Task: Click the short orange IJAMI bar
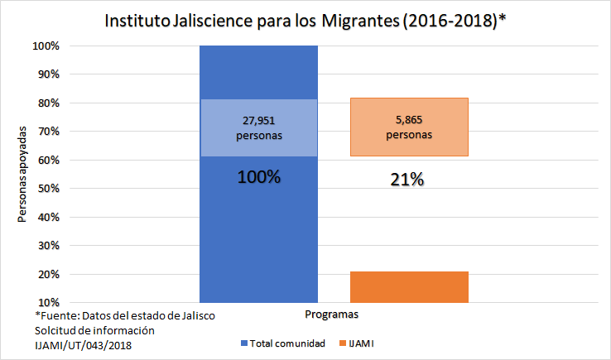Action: click(409, 286)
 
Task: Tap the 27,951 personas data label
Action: click(258, 127)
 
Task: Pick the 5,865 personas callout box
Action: click(409, 127)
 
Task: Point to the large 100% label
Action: click(258, 177)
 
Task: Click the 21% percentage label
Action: click(407, 180)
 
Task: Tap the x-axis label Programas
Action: click(331, 315)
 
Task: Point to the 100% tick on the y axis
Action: click(46, 46)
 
